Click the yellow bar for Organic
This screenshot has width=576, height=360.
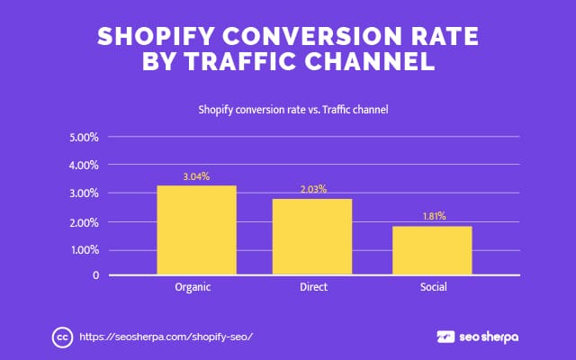[196, 230]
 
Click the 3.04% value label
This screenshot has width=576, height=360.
[196, 176]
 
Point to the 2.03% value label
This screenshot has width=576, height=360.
[312, 190]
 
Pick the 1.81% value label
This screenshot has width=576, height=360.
[432, 217]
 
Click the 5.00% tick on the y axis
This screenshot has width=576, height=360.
[84, 138]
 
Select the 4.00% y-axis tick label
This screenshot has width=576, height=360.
[84, 166]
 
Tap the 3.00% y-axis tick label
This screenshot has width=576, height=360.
[84, 193]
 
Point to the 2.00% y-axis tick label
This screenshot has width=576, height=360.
[84, 222]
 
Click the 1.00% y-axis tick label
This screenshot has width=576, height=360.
[84, 250]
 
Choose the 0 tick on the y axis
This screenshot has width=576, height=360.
[94, 274]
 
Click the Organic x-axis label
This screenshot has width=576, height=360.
[196, 288]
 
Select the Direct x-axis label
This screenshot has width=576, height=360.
[312, 288]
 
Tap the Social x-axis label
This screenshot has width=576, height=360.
[432, 288]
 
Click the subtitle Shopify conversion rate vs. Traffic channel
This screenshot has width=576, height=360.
[287, 111]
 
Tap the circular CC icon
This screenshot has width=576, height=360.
[62, 337]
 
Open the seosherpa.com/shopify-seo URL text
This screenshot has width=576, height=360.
[166, 337]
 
